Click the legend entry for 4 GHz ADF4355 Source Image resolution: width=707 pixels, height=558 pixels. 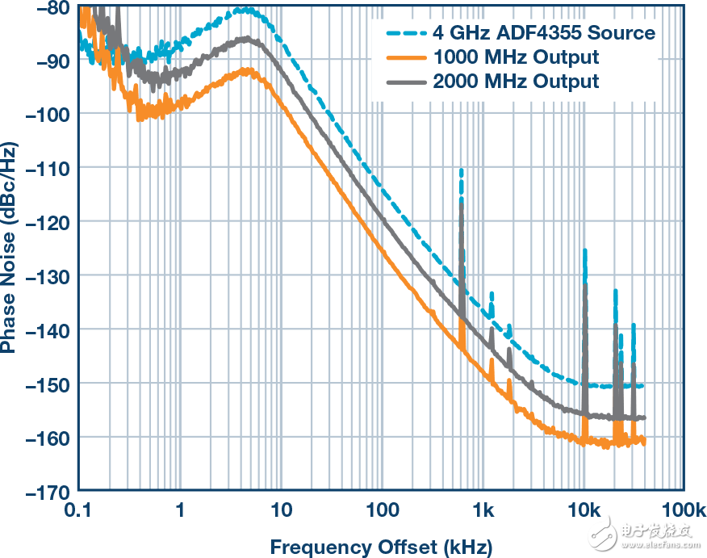coord(543,33)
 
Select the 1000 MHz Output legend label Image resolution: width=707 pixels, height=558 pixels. coord(516,57)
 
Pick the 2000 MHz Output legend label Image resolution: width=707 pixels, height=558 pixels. coord(516,82)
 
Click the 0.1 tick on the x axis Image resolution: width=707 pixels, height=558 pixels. coord(78,510)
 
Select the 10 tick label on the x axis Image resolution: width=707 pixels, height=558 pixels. coord(281,510)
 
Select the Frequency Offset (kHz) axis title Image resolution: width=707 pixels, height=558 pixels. coord(380,547)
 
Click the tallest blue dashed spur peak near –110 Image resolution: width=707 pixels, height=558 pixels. coord(461,170)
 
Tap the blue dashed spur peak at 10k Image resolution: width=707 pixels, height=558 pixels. coord(584,251)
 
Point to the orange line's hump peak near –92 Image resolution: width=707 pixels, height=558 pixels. coord(247,71)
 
